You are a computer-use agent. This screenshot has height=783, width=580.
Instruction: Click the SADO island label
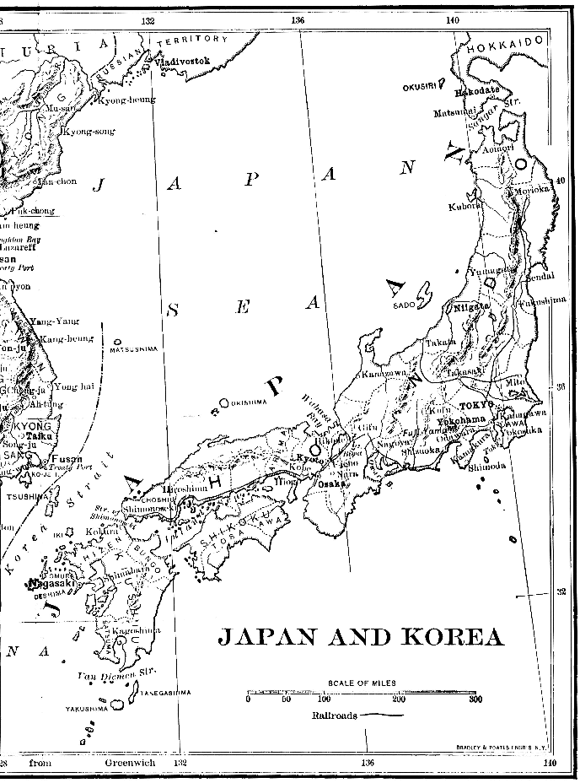[403, 305]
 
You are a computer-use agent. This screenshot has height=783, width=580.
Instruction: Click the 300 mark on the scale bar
[475, 699]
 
